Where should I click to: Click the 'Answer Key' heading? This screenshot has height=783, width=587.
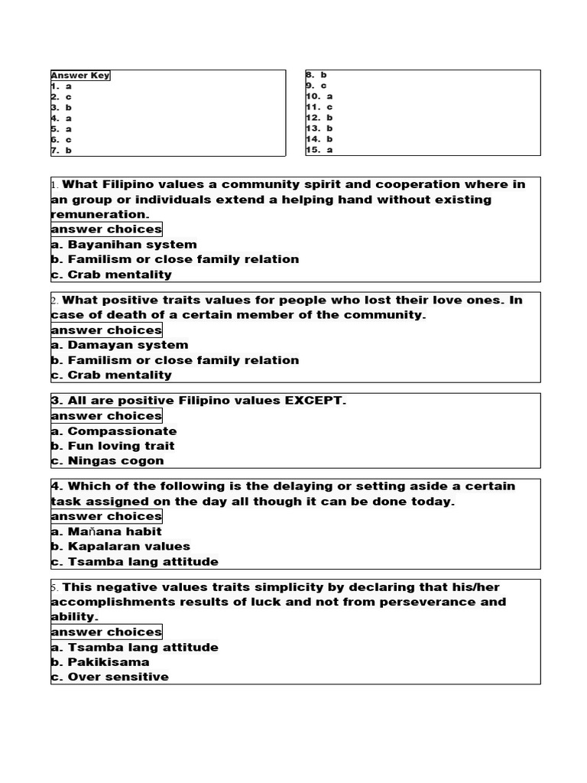coord(80,76)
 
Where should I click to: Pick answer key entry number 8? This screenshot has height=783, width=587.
coord(316,75)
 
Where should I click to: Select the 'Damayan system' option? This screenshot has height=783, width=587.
coord(119,345)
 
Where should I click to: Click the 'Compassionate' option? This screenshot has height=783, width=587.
coord(114,431)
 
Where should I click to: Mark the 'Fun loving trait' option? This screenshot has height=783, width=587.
coord(113,446)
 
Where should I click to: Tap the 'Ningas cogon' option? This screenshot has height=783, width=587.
coord(108,460)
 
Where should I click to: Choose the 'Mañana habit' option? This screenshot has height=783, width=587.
coord(106,531)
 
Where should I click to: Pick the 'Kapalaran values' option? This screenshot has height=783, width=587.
coord(121,547)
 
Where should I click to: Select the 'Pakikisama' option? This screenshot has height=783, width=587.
coord(100,662)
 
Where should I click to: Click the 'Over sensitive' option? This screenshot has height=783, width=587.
coord(110,677)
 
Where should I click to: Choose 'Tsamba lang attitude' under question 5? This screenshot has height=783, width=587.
coord(135,648)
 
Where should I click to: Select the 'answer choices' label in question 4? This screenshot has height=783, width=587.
coord(106,516)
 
